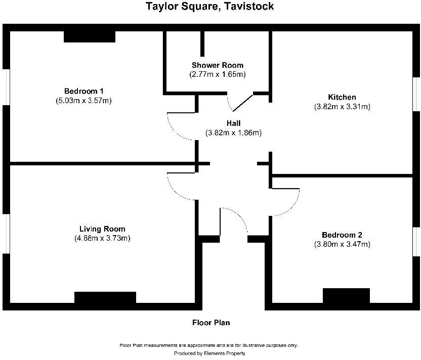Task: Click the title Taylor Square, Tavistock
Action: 210,7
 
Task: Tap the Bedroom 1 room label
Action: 84,91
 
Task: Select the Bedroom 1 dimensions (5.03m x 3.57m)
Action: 84,101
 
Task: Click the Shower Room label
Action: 218,65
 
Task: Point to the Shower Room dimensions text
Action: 218,74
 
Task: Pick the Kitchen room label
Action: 342,97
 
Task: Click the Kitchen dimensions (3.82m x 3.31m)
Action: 342,107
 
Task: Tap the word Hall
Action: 233,123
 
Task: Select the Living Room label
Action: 102,229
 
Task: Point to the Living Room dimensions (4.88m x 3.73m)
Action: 102,238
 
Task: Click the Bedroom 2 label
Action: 342,235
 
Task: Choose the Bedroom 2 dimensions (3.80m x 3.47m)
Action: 342,245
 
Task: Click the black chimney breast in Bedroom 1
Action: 90,36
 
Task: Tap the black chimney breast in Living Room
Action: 105,298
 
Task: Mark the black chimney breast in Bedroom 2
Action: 347,295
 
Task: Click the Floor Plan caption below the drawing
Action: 211,323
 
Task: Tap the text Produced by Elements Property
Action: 209,353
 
